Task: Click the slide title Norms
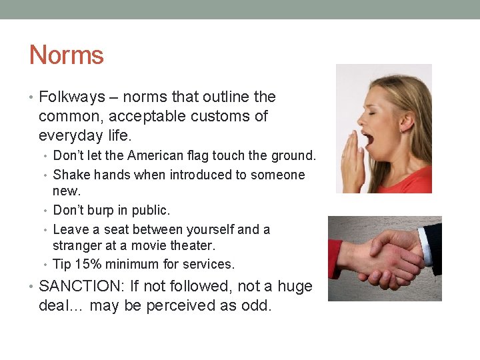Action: [x=67, y=55]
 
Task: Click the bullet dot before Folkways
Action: [x=33, y=98]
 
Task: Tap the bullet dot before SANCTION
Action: [x=33, y=287]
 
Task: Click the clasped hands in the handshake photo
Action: [x=386, y=257]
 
